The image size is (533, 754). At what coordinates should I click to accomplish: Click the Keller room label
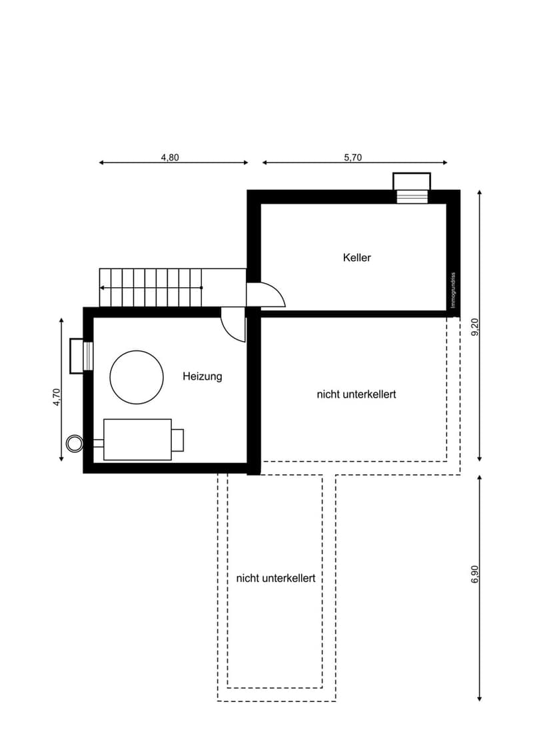coord(357,257)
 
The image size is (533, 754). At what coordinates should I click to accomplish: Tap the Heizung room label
coord(203,376)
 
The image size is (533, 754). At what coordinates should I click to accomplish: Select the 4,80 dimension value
coord(170,157)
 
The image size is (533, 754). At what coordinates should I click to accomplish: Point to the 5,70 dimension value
coord(352,157)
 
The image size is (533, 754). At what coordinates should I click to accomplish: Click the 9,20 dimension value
coord(475,327)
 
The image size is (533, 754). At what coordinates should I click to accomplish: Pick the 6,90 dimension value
coord(475,574)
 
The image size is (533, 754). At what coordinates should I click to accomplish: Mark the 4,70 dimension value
coord(57,397)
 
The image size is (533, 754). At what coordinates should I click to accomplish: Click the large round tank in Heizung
coord(137,377)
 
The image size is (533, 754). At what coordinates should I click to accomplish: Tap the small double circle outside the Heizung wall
coord(75,443)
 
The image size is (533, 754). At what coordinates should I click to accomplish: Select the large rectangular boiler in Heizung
coord(137,440)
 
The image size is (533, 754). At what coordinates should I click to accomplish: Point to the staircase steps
coord(151,288)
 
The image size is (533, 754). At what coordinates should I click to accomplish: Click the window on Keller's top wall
coord(412,188)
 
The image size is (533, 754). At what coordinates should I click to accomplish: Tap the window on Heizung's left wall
coord(81,356)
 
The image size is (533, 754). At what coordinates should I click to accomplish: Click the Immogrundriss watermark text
coord(453,290)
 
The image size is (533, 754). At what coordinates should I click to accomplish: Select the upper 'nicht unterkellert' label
coord(356,394)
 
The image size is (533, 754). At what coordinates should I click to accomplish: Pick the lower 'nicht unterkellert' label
coord(276,578)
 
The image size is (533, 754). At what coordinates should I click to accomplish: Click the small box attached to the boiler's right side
coord(177,440)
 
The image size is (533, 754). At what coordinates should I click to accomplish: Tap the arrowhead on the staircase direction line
coord(102,288)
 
